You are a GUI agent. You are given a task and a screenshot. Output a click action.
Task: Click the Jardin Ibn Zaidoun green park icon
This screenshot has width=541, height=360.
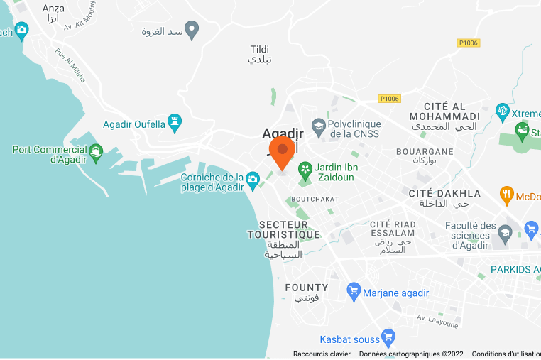[305, 170]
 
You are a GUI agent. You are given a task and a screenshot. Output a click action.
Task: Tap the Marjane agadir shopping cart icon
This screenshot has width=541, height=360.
[354, 291]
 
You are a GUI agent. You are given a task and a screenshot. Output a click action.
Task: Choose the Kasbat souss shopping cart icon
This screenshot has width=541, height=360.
[388, 337]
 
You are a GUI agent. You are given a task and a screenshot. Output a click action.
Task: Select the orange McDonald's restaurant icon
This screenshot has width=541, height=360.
[506, 195]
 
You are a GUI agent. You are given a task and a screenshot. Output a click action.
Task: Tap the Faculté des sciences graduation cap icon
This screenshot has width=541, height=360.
[505, 231]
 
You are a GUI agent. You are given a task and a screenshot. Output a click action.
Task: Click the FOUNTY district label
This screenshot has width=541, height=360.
[306, 288]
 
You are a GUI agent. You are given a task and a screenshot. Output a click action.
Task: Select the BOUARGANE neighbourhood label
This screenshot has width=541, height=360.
[425, 151]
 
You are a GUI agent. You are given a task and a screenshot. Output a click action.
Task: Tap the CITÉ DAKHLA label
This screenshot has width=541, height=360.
[444, 193]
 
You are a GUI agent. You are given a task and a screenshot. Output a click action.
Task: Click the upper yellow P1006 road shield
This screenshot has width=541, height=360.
[468, 43]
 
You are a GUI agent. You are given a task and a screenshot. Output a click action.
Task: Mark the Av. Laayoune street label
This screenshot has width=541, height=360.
[438, 321]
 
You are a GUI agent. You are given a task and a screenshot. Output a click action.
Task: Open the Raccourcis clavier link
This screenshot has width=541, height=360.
[322, 354]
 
